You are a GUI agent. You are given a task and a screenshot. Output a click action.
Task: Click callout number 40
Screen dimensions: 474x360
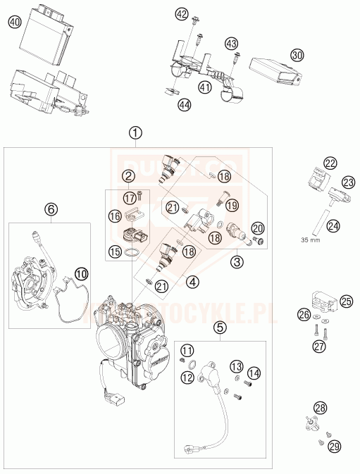click(x=14, y=22)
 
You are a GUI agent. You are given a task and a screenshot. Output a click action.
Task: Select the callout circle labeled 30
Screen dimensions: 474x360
click(x=297, y=54)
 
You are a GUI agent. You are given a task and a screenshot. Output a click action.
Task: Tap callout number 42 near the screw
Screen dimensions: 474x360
click(x=182, y=14)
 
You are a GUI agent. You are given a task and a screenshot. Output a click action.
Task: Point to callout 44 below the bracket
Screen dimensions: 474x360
click(x=185, y=105)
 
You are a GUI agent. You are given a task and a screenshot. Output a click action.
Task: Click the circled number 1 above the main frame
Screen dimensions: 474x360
click(x=135, y=132)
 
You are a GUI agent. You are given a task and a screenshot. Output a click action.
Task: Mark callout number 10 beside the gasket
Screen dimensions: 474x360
click(x=82, y=271)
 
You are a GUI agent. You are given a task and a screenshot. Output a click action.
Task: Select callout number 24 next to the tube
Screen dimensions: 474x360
click(x=334, y=227)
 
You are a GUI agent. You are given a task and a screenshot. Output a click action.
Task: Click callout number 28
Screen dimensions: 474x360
click(x=321, y=408)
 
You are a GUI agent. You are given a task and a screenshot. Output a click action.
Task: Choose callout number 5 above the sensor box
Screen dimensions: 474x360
click(x=220, y=327)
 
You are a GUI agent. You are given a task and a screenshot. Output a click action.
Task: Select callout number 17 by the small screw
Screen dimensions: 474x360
click(x=128, y=197)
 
